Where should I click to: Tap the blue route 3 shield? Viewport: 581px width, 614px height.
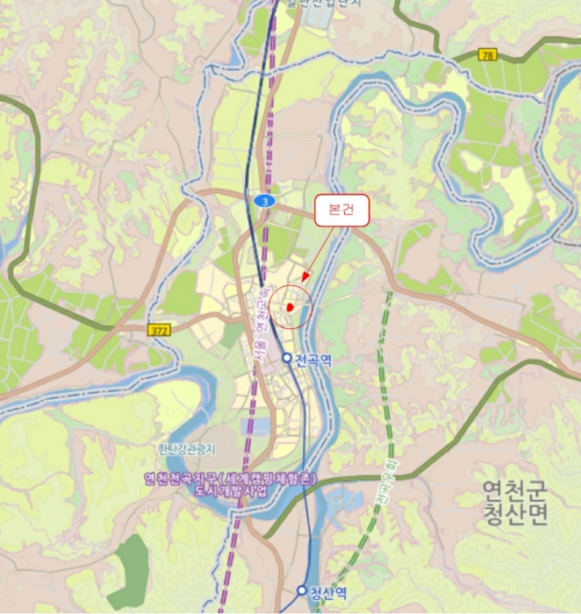[x=262, y=201]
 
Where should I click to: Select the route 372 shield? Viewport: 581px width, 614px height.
[x=158, y=328]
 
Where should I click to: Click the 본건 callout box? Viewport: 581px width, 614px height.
[x=342, y=211]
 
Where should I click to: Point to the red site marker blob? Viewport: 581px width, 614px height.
[x=290, y=307]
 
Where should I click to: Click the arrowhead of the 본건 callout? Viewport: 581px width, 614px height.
[x=304, y=280]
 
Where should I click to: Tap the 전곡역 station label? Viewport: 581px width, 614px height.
[x=313, y=360]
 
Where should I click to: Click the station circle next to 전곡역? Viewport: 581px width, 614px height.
[x=287, y=358]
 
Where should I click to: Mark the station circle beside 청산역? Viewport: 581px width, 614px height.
[x=302, y=590]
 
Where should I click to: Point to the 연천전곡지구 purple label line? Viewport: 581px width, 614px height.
[x=230, y=479]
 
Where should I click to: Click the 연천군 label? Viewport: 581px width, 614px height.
[x=514, y=491]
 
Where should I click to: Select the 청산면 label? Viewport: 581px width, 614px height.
[x=514, y=514]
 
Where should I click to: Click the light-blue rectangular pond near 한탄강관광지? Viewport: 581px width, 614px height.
[x=256, y=428]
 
